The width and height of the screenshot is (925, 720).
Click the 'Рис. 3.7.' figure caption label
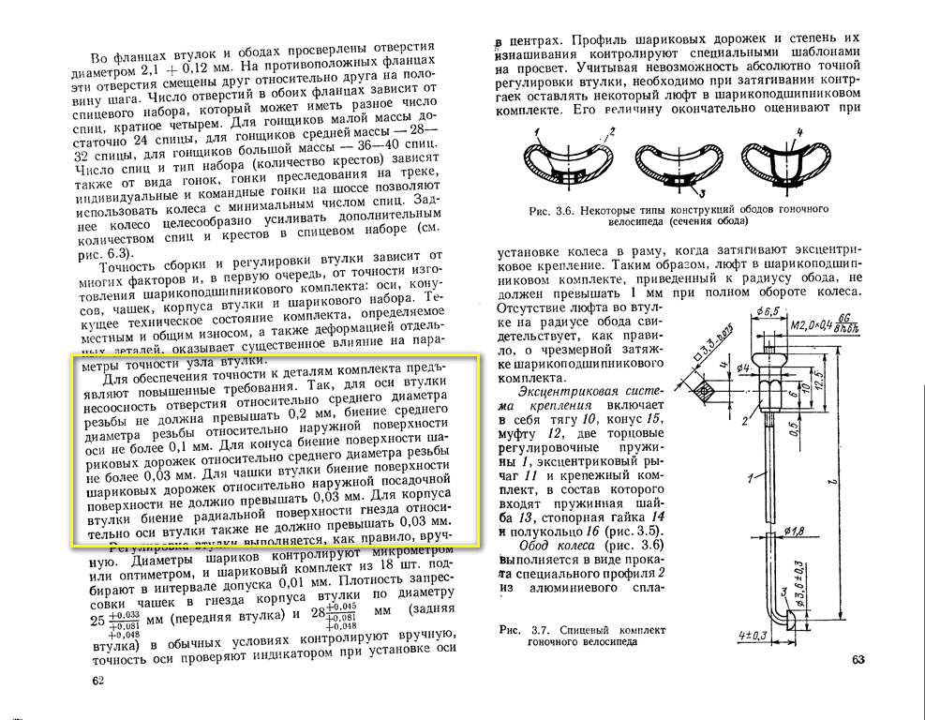pos(518,629)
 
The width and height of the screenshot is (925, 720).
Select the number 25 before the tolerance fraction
pos(97,621)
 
